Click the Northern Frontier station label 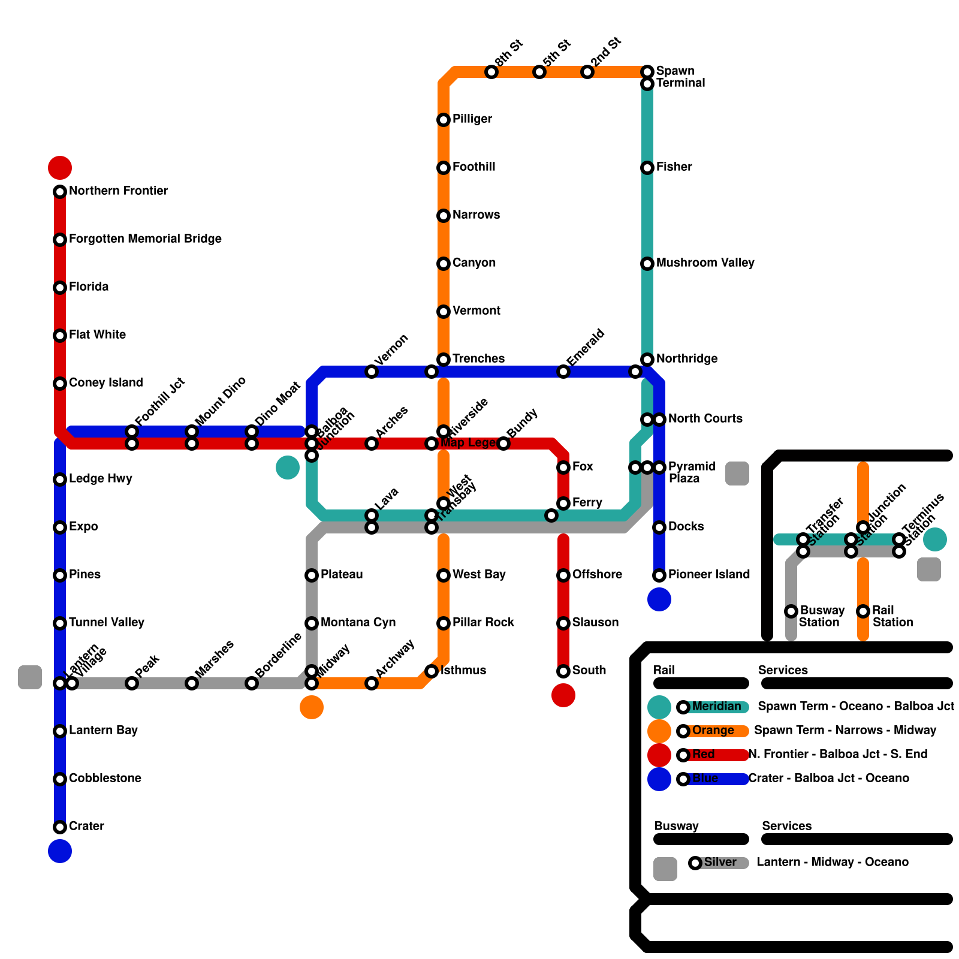point(118,191)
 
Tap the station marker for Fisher point(647,168)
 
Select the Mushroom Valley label point(705,263)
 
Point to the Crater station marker point(60,827)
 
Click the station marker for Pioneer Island point(659,575)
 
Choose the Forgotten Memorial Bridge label point(145,239)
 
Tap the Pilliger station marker point(444,120)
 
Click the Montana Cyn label point(358,622)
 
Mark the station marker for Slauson point(563,623)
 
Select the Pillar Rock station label point(483,622)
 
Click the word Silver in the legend point(720,862)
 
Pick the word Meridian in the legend point(716,706)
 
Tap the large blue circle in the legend point(659,779)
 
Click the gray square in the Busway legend point(665,869)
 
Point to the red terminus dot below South point(563,695)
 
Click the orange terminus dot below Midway point(312,707)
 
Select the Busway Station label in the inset point(822,616)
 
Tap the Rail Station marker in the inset point(863,611)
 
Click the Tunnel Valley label point(106,622)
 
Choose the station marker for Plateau point(312,575)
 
